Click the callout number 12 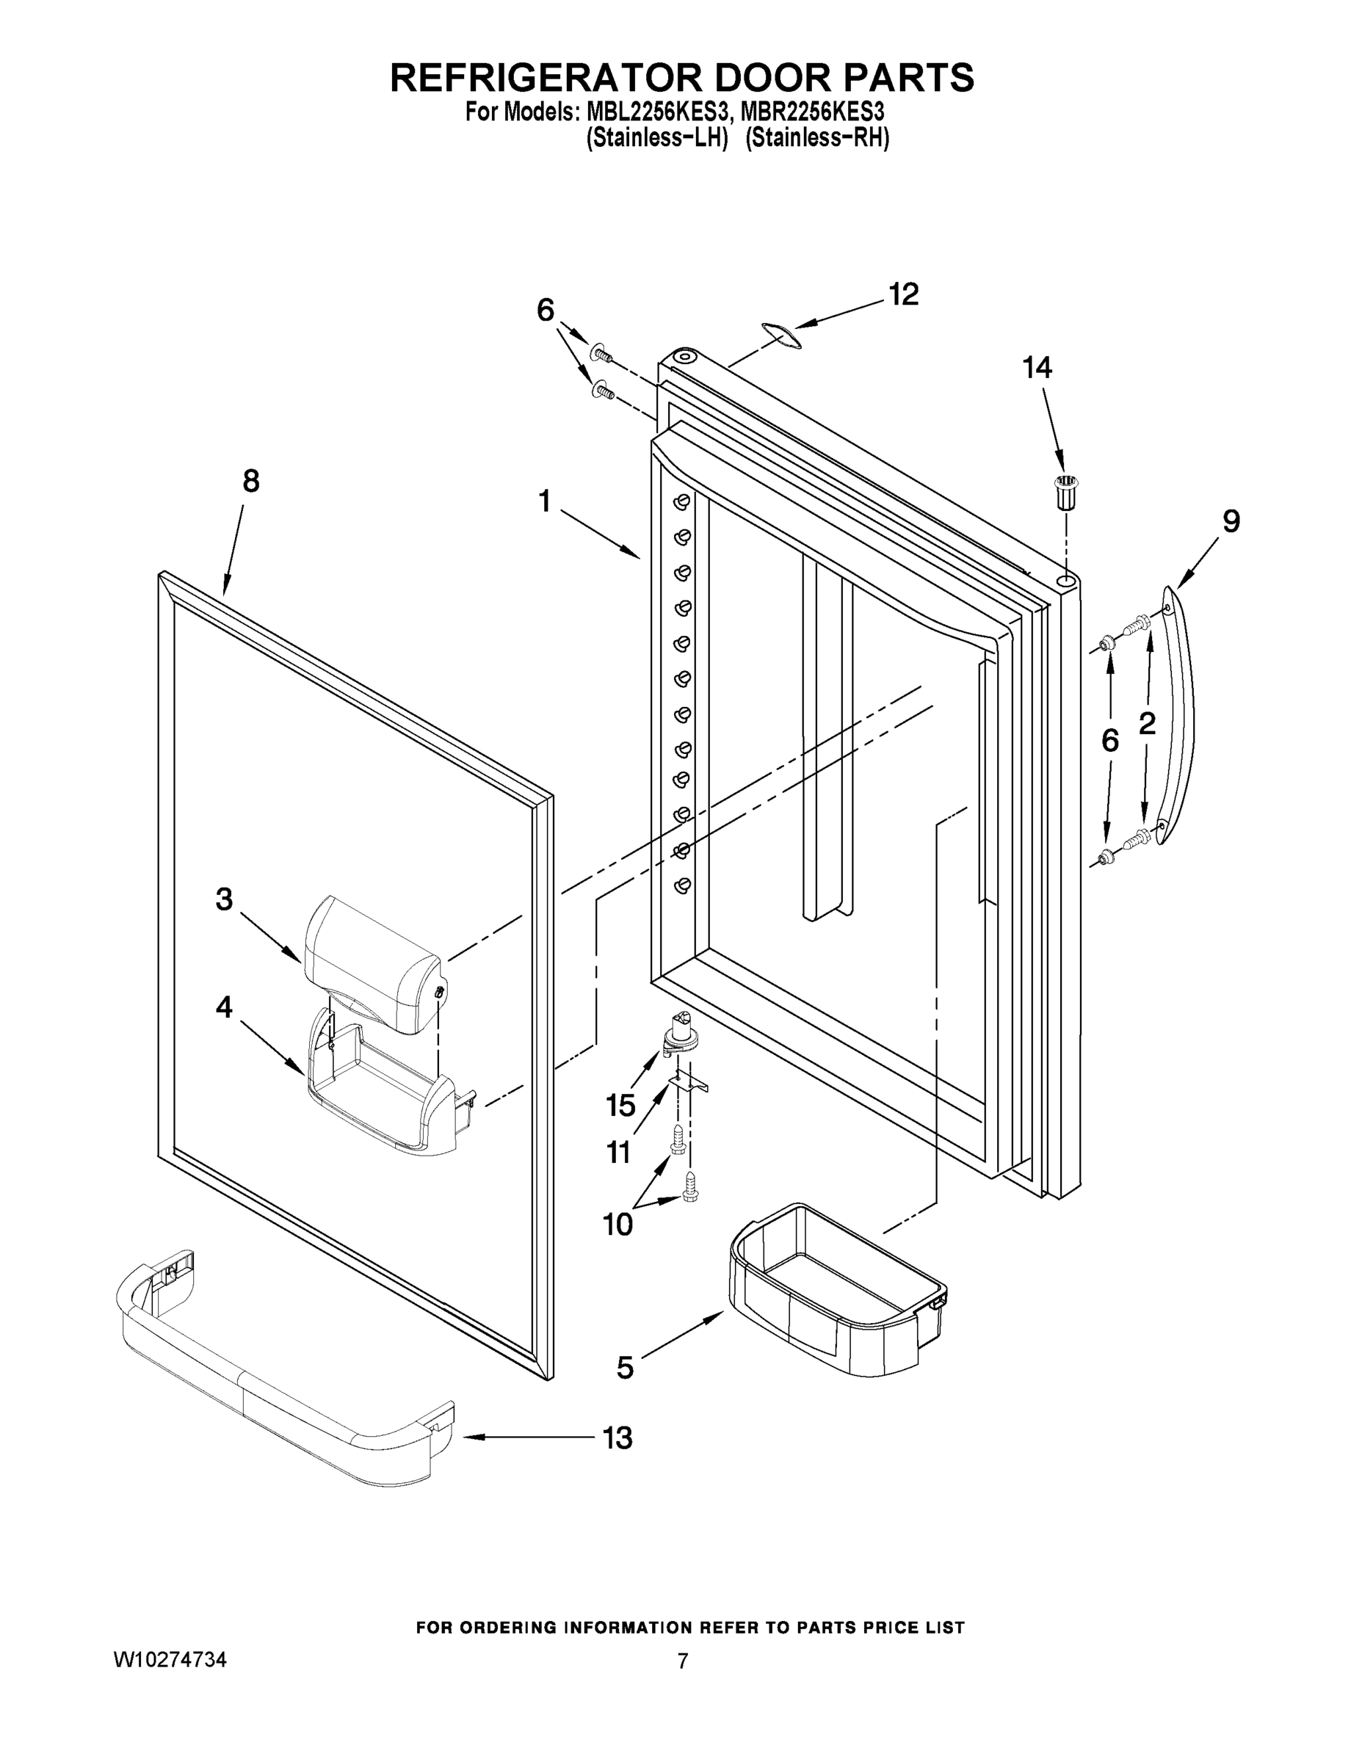[904, 295]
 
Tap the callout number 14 [1037, 368]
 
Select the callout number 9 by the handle [1231, 522]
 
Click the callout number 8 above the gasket [251, 482]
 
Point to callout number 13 [617, 1437]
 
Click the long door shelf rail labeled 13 [283, 1379]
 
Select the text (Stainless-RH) [817, 138]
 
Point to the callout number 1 [545, 502]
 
